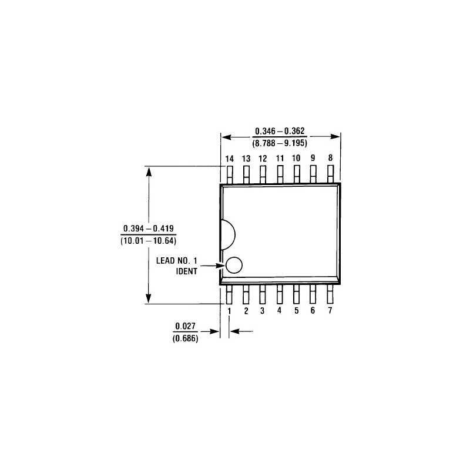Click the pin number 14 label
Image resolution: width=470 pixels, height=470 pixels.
coord(229,159)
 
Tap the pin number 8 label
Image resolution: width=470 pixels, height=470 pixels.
coord(330,158)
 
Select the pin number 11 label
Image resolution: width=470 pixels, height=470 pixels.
coord(280,159)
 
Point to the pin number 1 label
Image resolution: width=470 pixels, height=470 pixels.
coord(229,311)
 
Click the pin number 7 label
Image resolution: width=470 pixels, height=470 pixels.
coord(330,310)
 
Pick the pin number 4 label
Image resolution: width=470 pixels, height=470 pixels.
coord(280,310)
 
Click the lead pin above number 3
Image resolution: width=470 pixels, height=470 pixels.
coord(263,294)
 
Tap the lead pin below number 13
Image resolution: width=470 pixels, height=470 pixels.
coord(246,174)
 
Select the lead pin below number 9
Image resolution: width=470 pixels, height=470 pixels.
coord(313,174)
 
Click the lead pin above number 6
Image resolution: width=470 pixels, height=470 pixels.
coord(313,294)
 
